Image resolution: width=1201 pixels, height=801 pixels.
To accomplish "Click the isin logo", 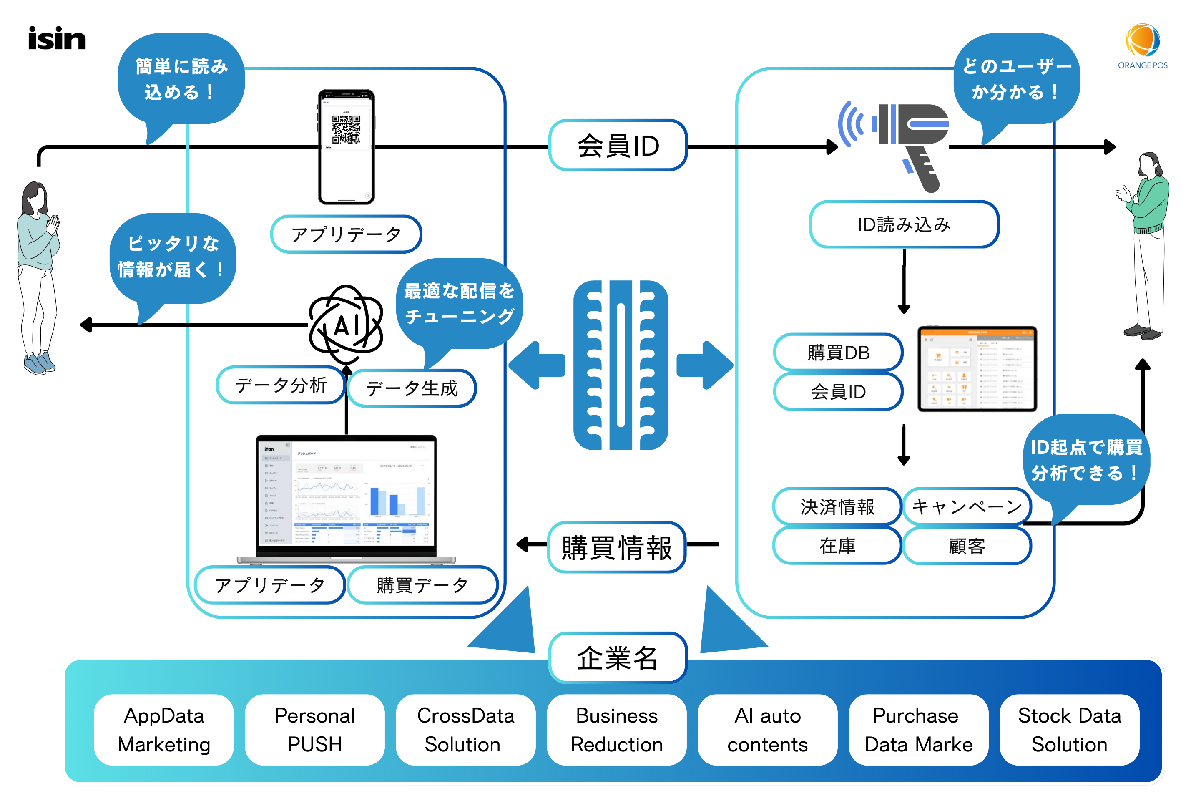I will pos(57,39).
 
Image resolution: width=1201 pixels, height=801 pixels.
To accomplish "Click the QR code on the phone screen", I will pos(346,129).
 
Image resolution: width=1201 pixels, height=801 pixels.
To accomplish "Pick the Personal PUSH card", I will pos(314,730).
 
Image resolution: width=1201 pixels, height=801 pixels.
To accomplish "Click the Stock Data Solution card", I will pos(1069,730).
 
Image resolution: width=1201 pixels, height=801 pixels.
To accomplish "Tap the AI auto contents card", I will pos(767,730).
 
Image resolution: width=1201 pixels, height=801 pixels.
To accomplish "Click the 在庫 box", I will pos(837,546).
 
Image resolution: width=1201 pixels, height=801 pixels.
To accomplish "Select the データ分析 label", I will pos(280,385).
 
